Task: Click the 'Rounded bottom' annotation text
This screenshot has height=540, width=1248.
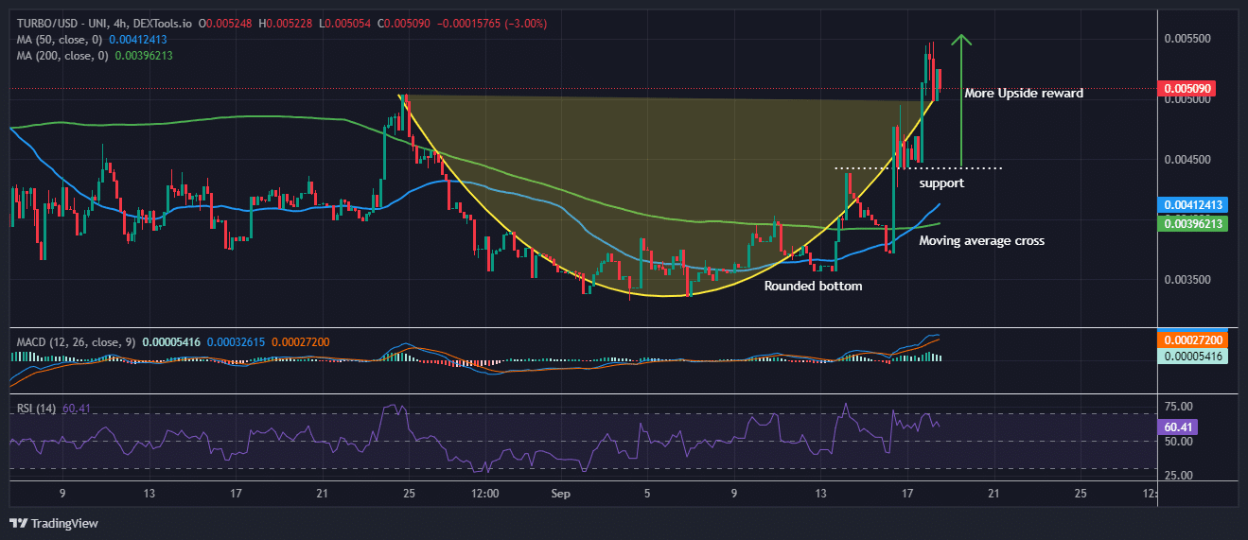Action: (x=813, y=286)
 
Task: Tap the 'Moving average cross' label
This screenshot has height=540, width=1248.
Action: (x=982, y=241)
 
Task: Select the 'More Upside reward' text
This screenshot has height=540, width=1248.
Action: (x=1024, y=94)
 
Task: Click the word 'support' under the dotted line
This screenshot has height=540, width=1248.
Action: (x=941, y=183)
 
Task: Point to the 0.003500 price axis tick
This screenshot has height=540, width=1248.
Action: (x=1187, y=280)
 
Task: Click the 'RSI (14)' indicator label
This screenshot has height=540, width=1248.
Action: (x=34, y=408)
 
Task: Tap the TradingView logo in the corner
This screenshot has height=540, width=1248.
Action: (x=54, y=523)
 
